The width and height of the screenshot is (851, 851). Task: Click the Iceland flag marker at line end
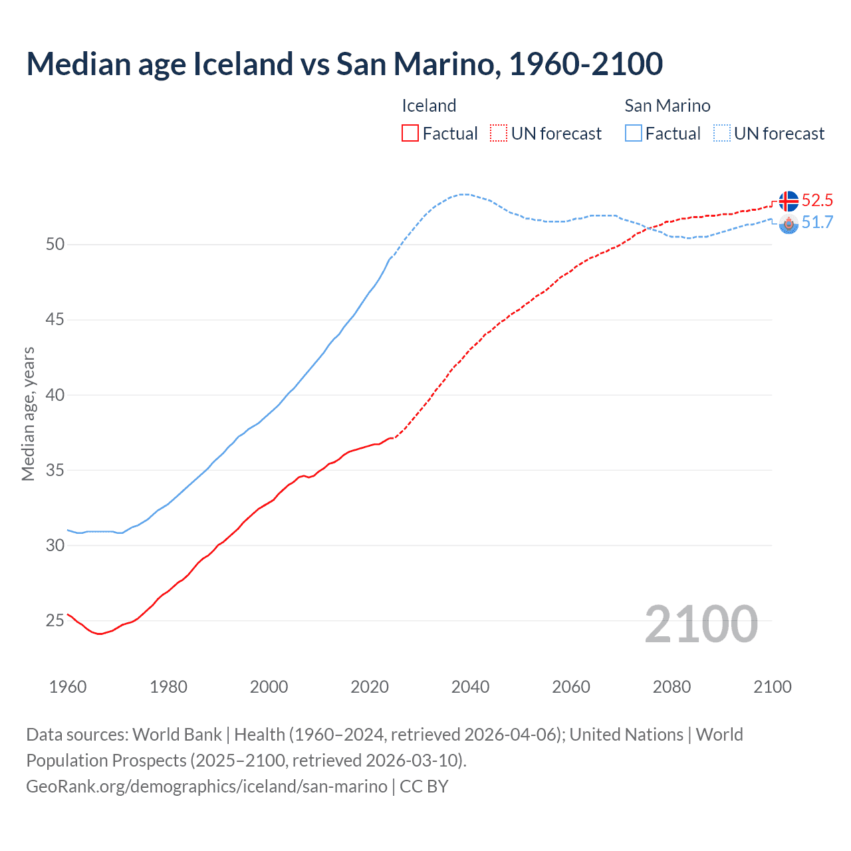pos(789,201)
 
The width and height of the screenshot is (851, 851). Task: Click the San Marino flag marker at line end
pos(789,224)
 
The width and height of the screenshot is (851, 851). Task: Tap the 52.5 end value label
pos(817,201)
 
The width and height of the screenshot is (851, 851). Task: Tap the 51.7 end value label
pos(817,223)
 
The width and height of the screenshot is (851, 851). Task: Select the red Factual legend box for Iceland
pos(410,134)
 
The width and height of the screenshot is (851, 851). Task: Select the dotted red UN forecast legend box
pos(499,134)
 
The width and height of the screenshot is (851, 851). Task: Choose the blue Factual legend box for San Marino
pos(634,134)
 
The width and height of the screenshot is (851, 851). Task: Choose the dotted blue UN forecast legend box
pos(722,134)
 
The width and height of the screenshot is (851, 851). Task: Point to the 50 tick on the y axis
pos(55,245)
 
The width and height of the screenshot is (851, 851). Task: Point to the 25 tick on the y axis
pos(55,621)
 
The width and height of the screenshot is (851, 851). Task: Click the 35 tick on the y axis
pos(55,471)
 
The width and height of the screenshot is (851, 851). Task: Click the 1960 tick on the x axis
pos(68,687)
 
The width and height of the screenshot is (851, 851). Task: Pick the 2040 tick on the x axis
pos(470,687)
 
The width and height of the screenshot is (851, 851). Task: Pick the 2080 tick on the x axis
pos(671,687)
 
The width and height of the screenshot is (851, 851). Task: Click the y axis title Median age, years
pos(28,414)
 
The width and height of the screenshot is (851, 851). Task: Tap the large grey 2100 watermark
pos(701,624)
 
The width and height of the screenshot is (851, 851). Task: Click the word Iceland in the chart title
pos(243,64)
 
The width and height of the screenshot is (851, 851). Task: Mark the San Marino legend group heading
pos(667,106)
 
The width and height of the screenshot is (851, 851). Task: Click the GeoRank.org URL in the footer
pos(207,787)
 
